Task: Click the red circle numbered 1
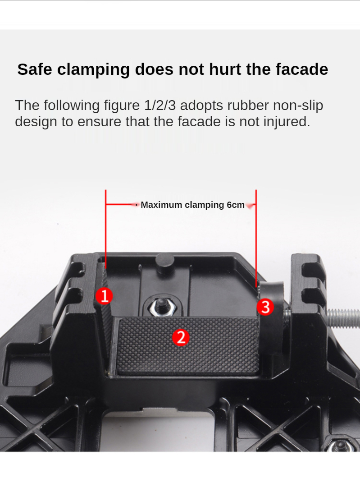(105, 296)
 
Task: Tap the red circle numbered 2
(181, 337)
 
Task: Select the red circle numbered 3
(265, 307)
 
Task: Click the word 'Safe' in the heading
(35, 69)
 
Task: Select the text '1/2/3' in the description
(159, 106)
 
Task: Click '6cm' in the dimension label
(236, 205)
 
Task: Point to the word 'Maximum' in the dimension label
(161, 205)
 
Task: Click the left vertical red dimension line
(105, 229)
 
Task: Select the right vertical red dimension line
(256, 239)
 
